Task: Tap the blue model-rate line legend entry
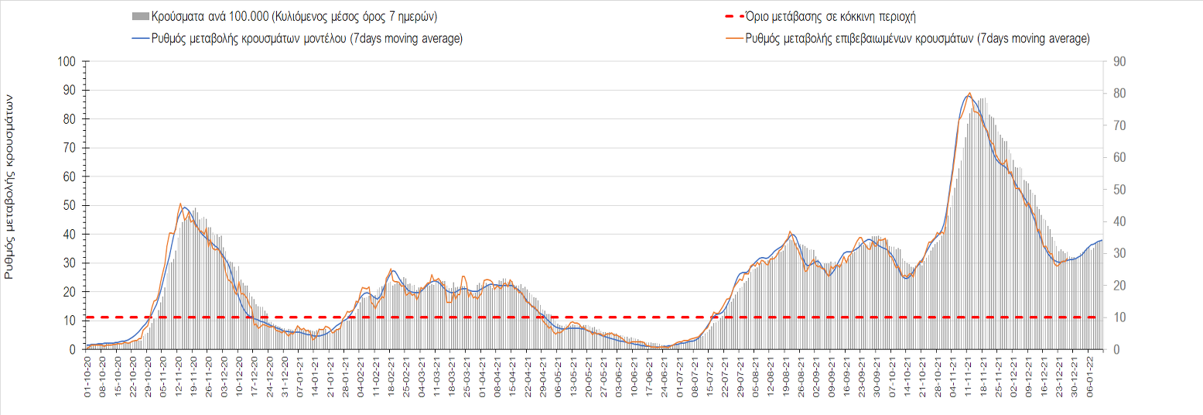click(298, 38)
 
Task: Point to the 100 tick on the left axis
click(67, 62)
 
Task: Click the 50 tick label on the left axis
click(70, 206)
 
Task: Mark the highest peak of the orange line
click(970, 93)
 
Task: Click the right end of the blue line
click(1102, 240)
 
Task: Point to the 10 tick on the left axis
click(70, 321)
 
